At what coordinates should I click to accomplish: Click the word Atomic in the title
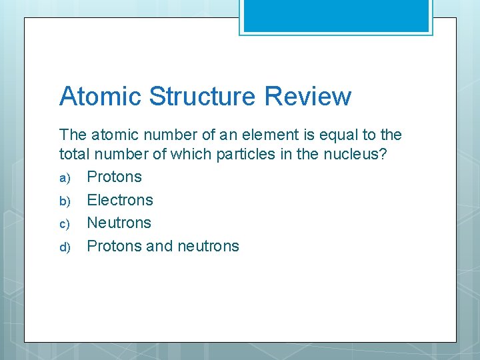point(100,96)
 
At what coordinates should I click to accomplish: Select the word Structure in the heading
point(202,96)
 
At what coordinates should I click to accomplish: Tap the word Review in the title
point(307,96)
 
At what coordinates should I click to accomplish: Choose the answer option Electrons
point(120,200)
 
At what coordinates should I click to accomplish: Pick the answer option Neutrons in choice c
point(119,223)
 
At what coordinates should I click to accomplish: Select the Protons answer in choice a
point(115,177)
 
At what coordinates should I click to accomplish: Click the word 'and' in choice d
point(159,246)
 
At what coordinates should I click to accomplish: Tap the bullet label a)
point(65,178)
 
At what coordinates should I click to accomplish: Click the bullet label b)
point(65,201)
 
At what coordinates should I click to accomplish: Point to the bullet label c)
point(65,224)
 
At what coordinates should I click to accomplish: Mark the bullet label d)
point(65,247)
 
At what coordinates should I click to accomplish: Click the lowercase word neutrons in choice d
point(208,246)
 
